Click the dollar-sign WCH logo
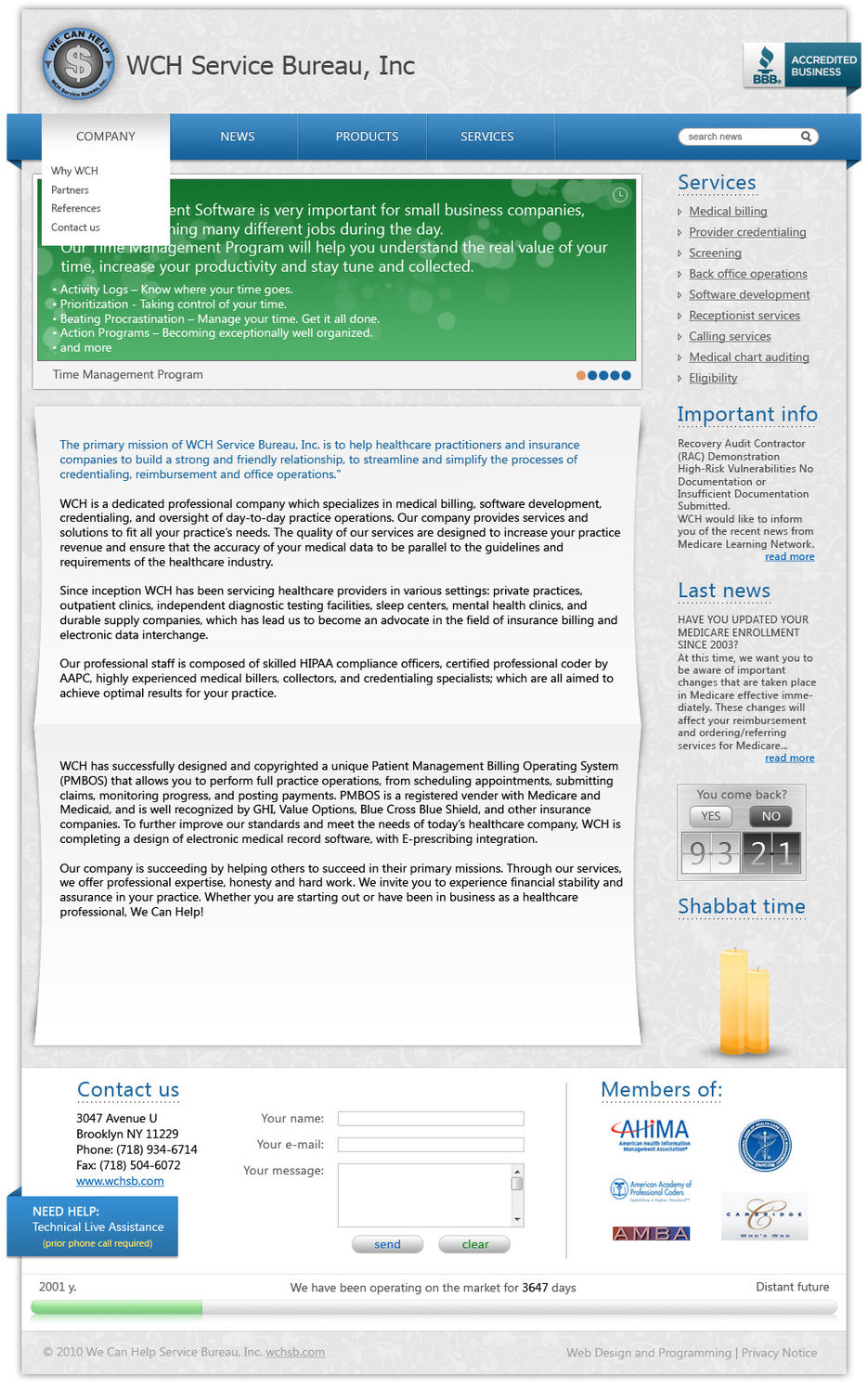click(x=78, y=64)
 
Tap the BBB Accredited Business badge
click(x=801, y=66)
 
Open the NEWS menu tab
click(x=237, y=136)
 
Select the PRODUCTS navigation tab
click(x=367, y=136)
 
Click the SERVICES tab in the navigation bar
click(x=486, y=136)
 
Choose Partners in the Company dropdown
click(x=70, y=189)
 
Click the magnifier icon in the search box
click(x=806, y=136)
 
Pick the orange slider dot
click(x=581, y=375)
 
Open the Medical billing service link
click(x=728, y=212)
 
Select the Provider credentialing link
click(x=747, y=232)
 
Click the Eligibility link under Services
click(x=713, y=378)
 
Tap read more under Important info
click(x=789, y=556)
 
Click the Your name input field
click(x=431, y=1119)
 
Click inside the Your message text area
click(x=425, y=1194)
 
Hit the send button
click(x=387, y=1244)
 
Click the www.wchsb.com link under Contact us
click(x=120, y=1181)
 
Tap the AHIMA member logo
click(x=651, y=1134)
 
